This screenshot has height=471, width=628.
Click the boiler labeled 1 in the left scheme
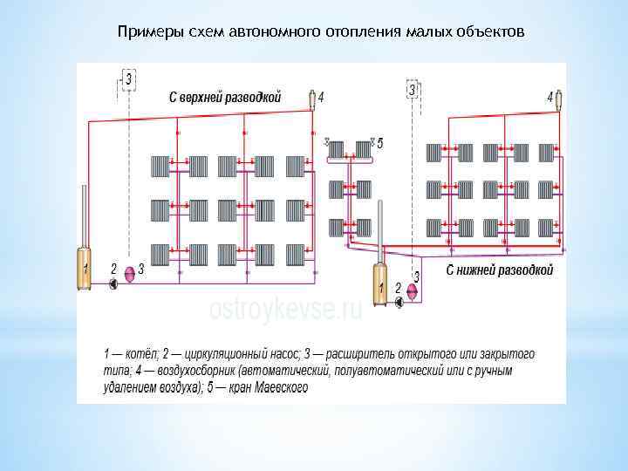84,269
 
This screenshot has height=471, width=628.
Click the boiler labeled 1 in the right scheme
380,283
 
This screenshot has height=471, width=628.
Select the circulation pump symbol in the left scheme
112,283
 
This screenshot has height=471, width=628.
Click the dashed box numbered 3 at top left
128,80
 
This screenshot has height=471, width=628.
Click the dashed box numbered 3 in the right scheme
413,90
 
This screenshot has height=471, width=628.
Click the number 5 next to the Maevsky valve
379,142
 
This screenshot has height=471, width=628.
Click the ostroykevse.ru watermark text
284,308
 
